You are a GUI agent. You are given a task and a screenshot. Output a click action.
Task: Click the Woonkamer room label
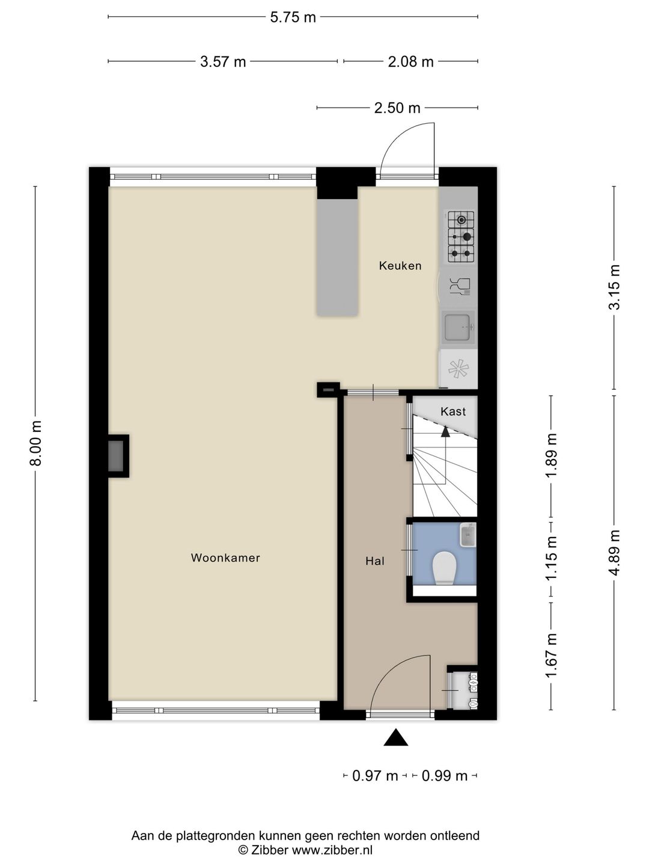coord(225,557)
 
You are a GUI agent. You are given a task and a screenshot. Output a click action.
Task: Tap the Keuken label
coord(400,266)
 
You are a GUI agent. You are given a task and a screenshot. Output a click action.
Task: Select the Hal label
coord(375,561)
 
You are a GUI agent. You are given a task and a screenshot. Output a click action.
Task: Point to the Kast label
coord(453,411)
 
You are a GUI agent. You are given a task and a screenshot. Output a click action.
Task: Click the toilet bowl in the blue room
coord(444,568)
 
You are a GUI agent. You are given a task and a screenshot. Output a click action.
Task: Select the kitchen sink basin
coord(458,327)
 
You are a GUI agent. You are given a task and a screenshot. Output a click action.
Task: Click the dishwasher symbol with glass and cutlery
coord(460,287)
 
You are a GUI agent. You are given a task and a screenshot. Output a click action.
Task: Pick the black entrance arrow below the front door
coord(396,737)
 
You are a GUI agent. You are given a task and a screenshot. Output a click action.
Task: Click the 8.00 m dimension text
coord(36,443)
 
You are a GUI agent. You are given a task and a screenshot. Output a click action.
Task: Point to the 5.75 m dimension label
coord(293,17)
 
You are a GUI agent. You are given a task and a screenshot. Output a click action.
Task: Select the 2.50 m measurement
coord(397,108)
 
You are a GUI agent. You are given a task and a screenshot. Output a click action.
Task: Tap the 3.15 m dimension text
coord(614,287)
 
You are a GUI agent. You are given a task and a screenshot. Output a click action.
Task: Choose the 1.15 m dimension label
coord(551,558)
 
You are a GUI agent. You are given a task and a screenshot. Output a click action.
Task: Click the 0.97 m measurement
coord(375,776)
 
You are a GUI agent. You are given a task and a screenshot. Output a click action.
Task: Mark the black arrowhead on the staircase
coord(445,432)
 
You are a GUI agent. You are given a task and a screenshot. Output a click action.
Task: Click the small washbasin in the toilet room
coord(468,535)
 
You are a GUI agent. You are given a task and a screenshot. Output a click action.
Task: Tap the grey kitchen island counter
coord(337,257)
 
